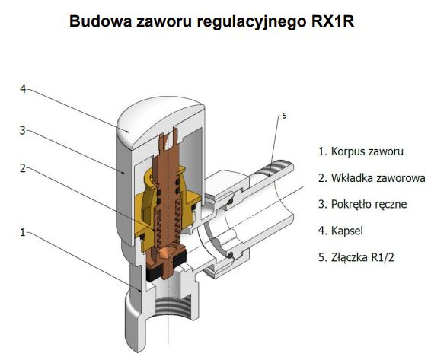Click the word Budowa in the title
click(x=101, y=21)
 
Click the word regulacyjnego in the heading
click(x=251, y=22)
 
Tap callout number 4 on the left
click(x=23, y=89)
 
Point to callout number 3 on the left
click(x=23, y=131)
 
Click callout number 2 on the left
click(x=23, y=168)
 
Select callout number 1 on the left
click(x=23, y=232)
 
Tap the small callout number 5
click(x=284, y=116)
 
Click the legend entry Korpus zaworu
click(x=361, y=151)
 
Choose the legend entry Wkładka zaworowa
click(x=372, y=178)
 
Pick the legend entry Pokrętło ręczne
click(x=362, y=204)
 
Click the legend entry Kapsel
click(x=340, y=231)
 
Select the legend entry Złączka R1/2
click(x=356, y=257)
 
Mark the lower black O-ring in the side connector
click(x=230, y=255)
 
